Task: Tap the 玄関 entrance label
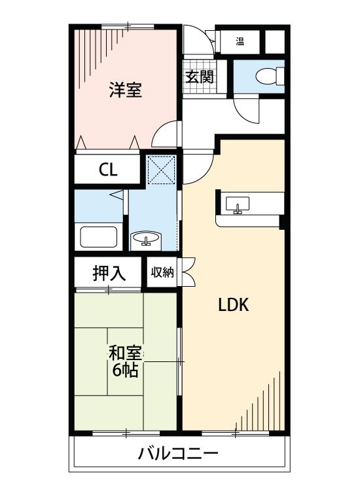tap(200, 77)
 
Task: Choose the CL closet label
tap(108, 170)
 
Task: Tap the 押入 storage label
tap(108, 274)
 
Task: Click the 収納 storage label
tap(162, 272)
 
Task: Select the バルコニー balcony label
tap(178, 454)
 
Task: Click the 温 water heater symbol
tap(240, 43)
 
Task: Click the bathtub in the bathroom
tap(98, 236)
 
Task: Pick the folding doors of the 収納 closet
tap(187, 272)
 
